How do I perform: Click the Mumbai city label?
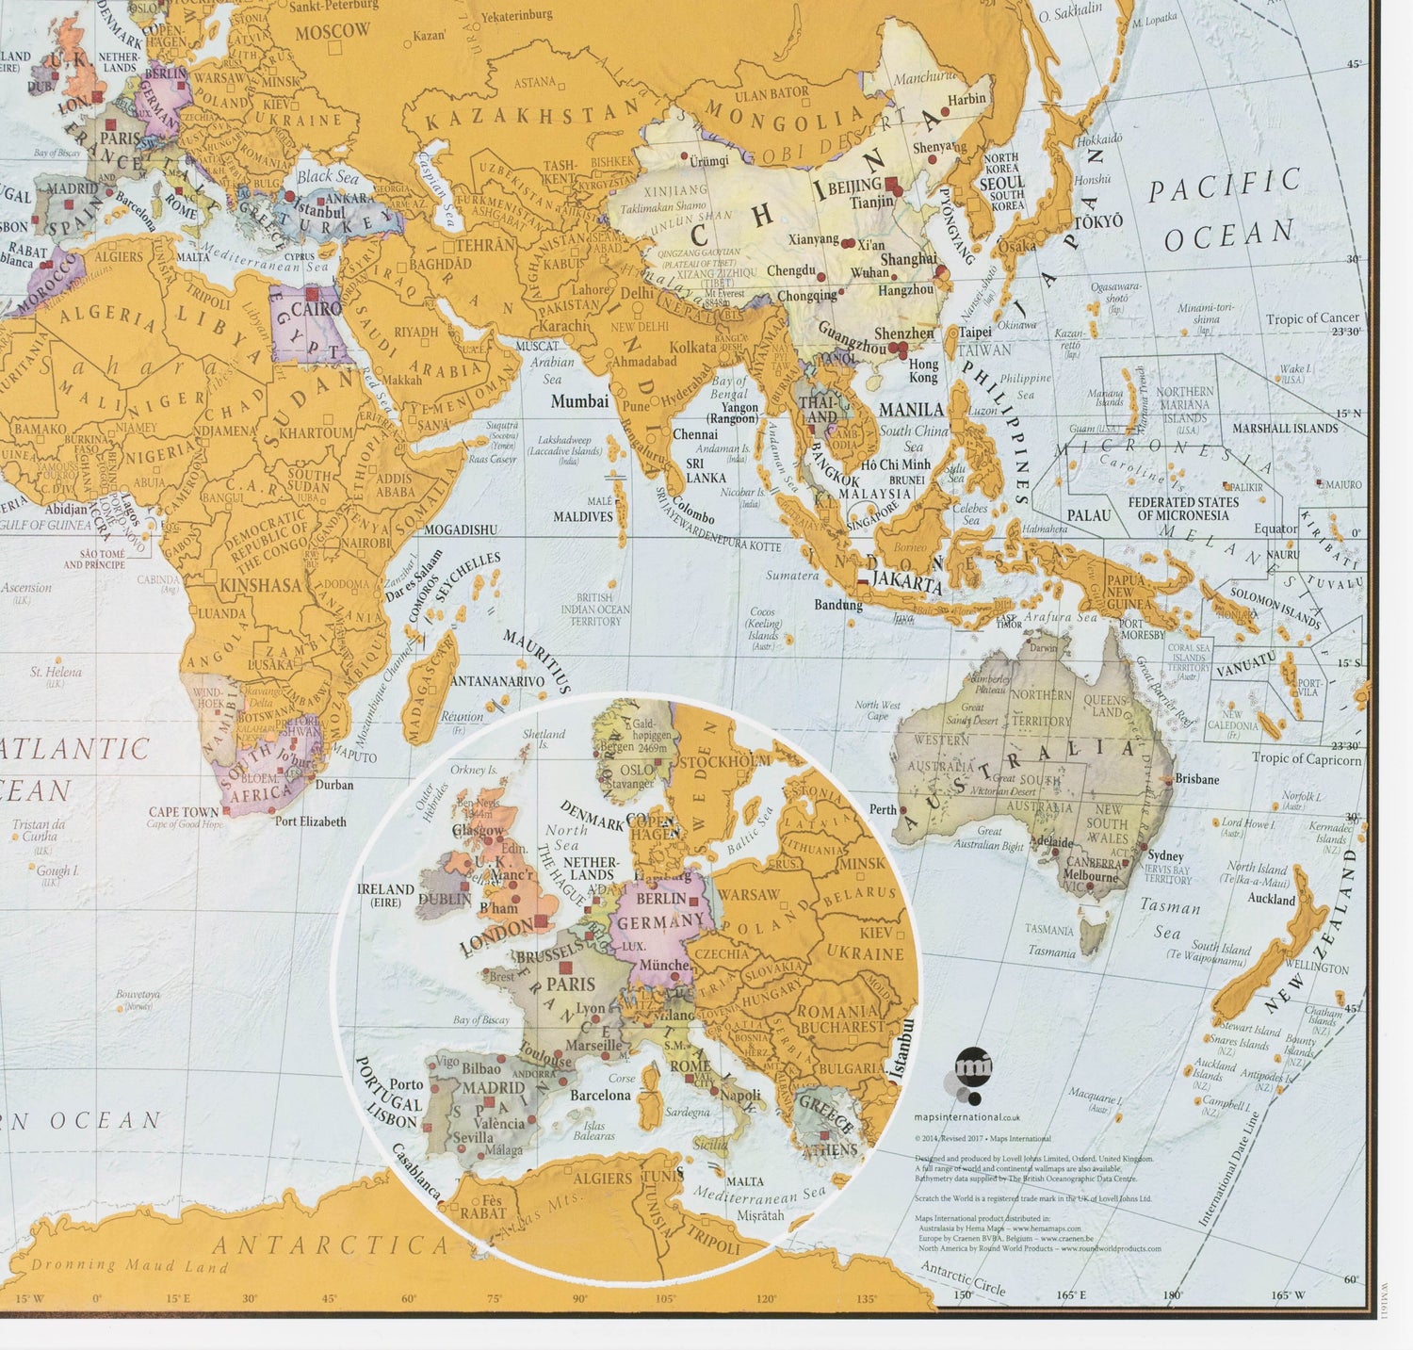point(579,401)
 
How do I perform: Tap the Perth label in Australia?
point(883,809)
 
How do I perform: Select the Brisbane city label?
point(1196,779)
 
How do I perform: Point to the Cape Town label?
point(184,812)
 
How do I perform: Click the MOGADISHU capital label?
point(461,529)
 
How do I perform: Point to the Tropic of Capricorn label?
point(1307,758)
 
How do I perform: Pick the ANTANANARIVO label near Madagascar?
point(498,681)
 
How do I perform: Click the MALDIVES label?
point(583,516)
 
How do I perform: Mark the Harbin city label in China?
point(966,99)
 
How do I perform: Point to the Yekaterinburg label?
point(516,16)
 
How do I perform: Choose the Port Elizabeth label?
point(310,821)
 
